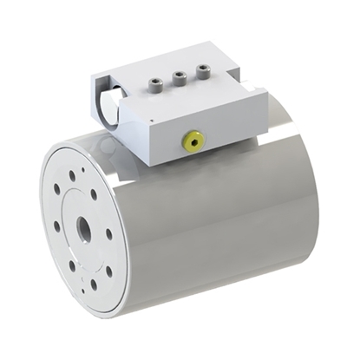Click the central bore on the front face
click(x=84, y=231)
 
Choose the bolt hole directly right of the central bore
click(x=109, y=233)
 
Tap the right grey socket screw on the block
click(x=202, y=74)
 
